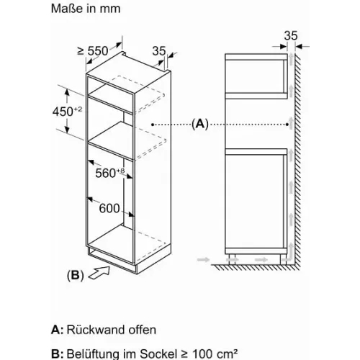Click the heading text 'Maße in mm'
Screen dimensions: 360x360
click(x=86, y=9)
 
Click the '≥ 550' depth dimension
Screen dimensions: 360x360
click(x=93, y=51)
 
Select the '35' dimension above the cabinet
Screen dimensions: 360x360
click(x=159, y=51)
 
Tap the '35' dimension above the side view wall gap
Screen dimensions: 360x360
click(x=291, y=35)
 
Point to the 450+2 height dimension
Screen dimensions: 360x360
click(x=68, y=111)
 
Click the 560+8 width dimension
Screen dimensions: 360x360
click(x=110, y=173)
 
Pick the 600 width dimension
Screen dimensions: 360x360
click(x=109, y=208)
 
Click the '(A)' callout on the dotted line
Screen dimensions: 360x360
click(x=200, y=125)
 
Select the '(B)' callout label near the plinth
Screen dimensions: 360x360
click(x=76, y=275)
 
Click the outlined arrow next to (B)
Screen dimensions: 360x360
click(x=99, y=273)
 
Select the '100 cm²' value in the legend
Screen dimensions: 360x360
click(x=215, y=354)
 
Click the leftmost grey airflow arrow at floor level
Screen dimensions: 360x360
click(x=203, y=259)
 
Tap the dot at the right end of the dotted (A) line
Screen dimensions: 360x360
click(x=287, y=125)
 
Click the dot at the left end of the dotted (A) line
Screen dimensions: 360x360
click(x=153, y=125)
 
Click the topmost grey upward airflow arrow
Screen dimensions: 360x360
click(x=291, y=58)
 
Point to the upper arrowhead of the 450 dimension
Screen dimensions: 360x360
click(x=67, y=92)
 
